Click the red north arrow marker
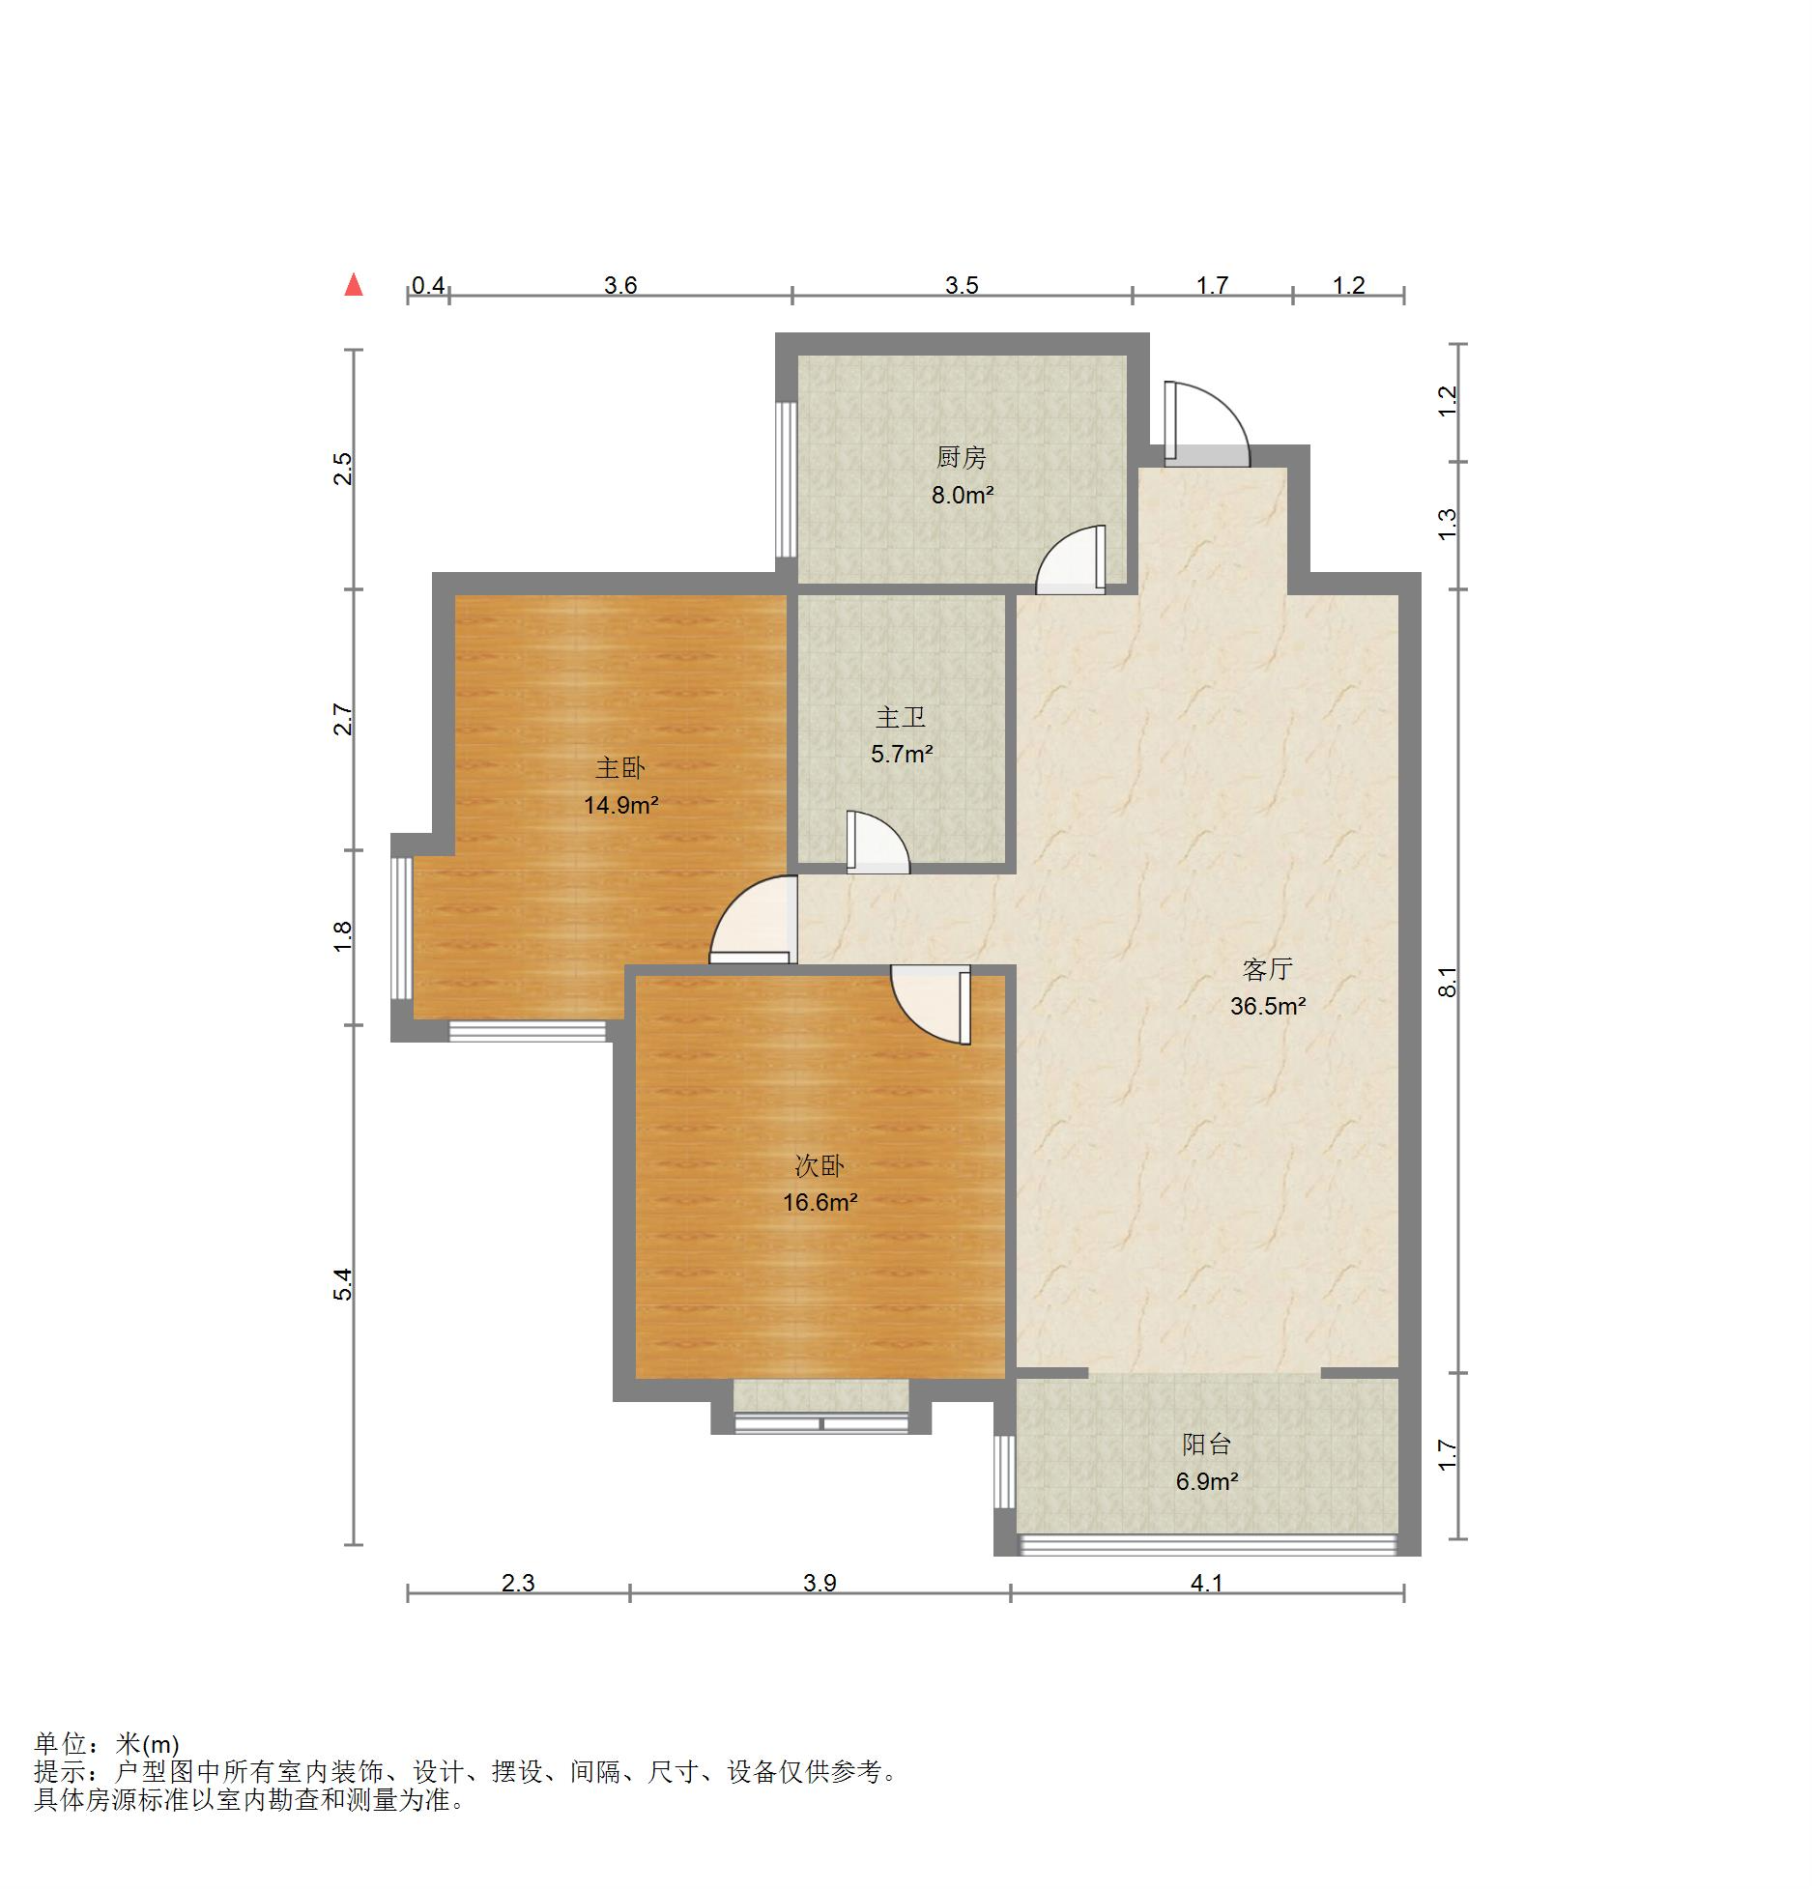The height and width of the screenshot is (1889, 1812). click(354, 285)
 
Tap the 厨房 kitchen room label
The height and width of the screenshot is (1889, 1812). click(962, 457)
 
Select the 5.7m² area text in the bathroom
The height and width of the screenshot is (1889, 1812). click(902, 754)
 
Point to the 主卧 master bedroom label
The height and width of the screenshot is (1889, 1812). click(620, 768)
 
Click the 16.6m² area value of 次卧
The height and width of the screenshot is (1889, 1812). click(820, 1202)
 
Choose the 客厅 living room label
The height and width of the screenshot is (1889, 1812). click(1268, 968)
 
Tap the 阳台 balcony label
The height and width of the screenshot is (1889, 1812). click(1207, 1444)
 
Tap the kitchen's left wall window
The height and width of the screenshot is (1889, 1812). click(787, 479)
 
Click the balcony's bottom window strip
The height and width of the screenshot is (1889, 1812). click(1207, 1545)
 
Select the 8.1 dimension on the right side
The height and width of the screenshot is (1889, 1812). click(1447, 982)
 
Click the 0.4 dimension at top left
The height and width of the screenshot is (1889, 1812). click(428, 285)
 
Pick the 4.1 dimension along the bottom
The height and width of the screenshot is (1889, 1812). click(1207, 1583)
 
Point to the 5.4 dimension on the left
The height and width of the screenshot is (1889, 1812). click(343, 1284)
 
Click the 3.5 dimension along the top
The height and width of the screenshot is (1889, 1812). click(962, 285)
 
